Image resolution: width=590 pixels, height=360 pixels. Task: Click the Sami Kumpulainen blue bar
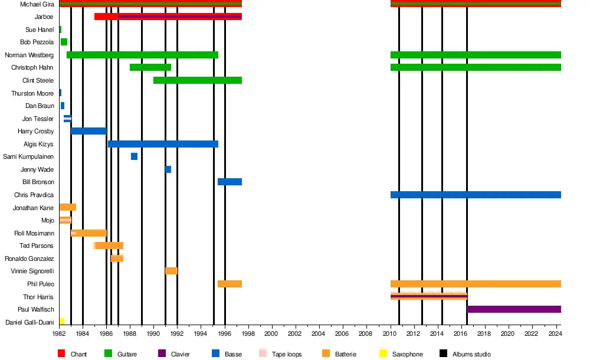pos(134,156)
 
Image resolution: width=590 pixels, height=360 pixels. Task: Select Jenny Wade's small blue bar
pos(168,169)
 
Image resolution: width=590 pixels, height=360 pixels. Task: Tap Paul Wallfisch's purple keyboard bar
pos(513,309)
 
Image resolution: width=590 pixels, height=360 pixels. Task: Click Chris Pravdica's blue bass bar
pos(476,195)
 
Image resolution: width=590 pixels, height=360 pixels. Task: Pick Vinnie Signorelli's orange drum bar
pos(171,271)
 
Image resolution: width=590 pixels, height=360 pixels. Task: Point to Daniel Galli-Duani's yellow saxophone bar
pos(62,322)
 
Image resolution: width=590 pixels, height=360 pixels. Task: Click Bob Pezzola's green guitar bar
pos(64,42)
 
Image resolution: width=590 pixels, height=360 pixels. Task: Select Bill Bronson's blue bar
pos(230,182)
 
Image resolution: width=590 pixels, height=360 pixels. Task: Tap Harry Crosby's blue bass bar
pos(88,131)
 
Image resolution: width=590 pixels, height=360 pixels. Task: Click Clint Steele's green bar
pos(197,80)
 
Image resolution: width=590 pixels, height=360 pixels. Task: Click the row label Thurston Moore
pos(32,93)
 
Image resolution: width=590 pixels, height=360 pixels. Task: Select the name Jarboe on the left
pos(44,17)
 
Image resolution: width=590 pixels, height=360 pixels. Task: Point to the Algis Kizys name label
pos(38,144)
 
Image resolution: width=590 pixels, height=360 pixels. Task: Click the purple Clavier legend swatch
pos(161,354)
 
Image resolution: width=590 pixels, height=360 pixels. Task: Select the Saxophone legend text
pos(407,354)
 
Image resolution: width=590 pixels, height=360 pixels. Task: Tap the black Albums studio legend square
pos(443,354)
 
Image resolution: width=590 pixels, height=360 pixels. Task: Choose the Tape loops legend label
pos(287,354)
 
